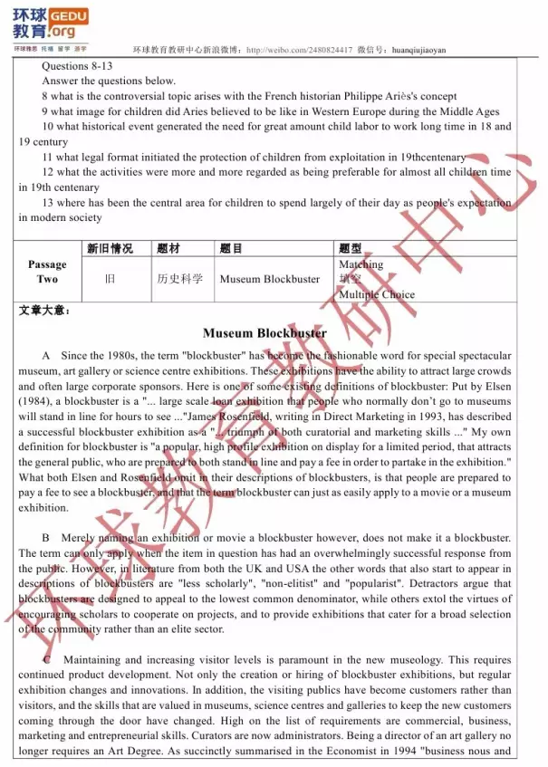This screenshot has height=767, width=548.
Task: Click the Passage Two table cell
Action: [47, 272]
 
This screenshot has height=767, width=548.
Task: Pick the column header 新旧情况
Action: [110, 248]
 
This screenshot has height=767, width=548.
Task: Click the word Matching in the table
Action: [361, 264]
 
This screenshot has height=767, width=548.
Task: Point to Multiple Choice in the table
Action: [376, 294]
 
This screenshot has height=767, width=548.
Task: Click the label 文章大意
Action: [44, 311]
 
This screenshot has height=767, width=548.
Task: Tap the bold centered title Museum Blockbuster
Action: [264, 333]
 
